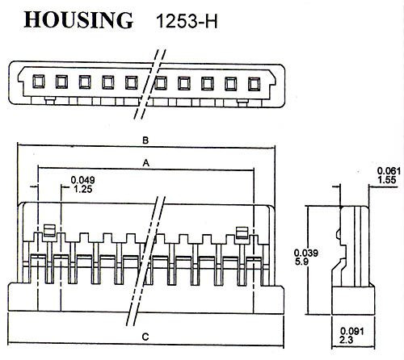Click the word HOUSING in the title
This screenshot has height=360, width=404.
click(78, 20)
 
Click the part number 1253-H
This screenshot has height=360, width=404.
click(187, 21)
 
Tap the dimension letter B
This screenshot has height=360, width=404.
click(145, 140)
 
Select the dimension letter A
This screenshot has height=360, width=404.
click(145, 163)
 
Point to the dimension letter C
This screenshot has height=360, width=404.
click(145, 337)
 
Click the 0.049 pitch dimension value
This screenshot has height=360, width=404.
click(82, 180)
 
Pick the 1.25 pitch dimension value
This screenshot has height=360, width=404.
click(83, 189)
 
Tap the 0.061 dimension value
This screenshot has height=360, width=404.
click(389, 171)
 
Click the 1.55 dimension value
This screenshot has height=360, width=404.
click(387, 180)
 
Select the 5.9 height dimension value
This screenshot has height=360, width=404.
click(301, 262)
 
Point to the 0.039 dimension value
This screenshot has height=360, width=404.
click(306, 253)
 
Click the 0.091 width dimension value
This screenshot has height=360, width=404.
click(352, 331)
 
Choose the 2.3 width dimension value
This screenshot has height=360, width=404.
click(346, 340)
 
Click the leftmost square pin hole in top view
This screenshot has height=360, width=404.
click(39, 82)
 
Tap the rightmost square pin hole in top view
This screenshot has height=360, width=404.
click(254, 84)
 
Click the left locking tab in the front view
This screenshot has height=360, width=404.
click(49, 231)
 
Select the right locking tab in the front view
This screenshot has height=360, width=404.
click(242, 232)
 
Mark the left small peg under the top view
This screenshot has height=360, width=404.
click(50, 101)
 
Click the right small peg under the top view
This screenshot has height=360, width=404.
click(242, 103)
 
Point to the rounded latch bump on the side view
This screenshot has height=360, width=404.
click(339, 234)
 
